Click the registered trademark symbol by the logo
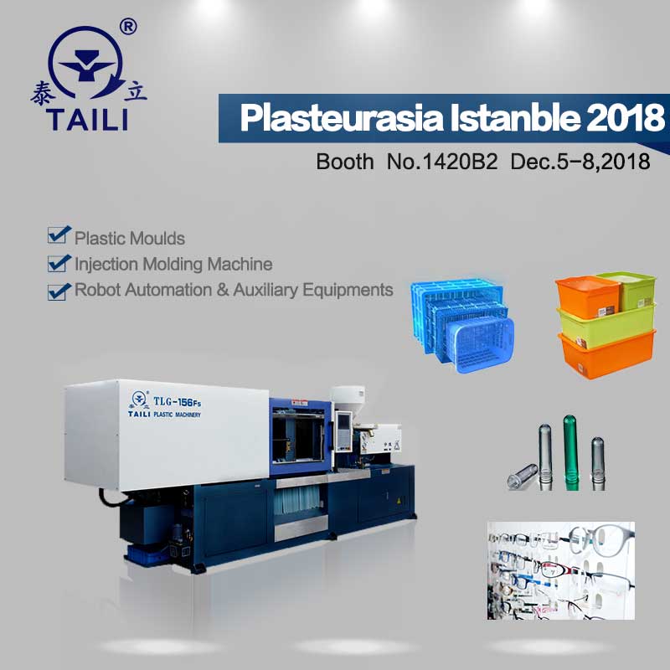point(128,27)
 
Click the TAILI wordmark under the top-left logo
point(87,120)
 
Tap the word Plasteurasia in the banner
point(342,117)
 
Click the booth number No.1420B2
point(442,162)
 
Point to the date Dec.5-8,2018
point(580,162)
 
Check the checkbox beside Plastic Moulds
point(59,234)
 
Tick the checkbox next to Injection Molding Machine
point(59,263)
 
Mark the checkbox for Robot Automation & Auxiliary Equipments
point(59,291)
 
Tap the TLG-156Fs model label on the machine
point(177,402)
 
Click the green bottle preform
point(571,452)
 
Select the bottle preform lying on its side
point(523,476)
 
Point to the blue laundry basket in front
point(479,345)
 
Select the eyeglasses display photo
point(560,570)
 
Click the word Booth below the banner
point(345,162)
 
